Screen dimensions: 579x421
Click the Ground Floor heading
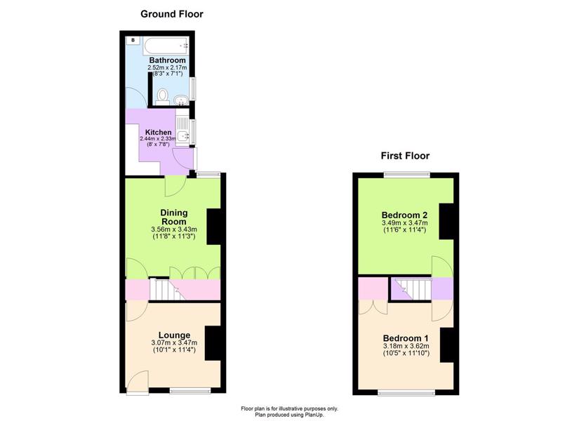coord(172,15)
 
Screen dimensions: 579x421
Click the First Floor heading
coord(405,156)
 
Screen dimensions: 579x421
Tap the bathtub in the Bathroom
coord(166,46)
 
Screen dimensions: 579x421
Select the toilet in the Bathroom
coord(161,97)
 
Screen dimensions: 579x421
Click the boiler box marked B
coord(133,40)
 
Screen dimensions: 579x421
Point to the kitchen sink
coord(182,136)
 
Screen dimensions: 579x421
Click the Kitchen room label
coord(158,132)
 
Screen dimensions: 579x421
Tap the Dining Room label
coord(174,217)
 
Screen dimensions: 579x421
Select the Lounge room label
coord(174,335)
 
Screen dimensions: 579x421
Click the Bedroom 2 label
coord(404,215)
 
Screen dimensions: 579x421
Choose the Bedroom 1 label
coord(406,338)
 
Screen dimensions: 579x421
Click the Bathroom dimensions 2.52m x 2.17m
coord(167,68)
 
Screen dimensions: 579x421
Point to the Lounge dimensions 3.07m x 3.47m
coord(174,343)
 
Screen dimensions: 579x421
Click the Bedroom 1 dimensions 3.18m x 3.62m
coord(406,347)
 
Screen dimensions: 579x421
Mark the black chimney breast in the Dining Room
coord(214,227)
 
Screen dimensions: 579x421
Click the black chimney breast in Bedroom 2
coord(446,221)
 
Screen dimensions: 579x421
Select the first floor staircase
coord(413,290)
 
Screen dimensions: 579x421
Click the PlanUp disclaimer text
coord(289,412)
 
